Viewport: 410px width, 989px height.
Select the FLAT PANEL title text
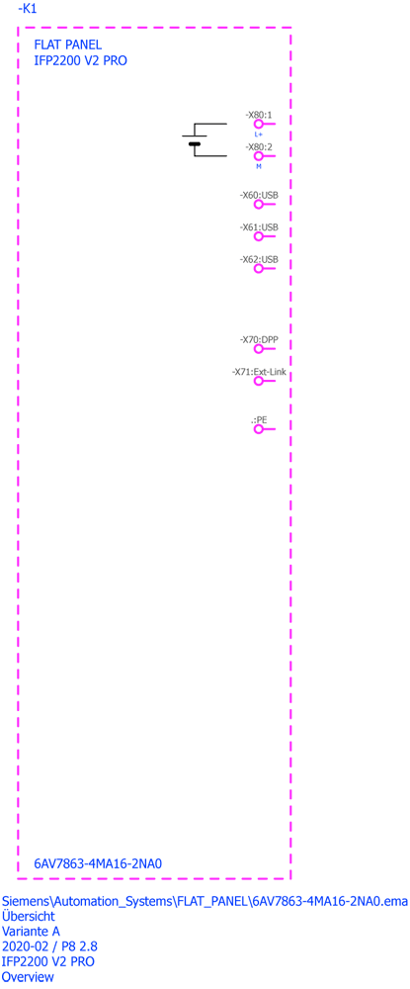(67, 45)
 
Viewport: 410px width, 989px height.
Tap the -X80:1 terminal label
(258, 115)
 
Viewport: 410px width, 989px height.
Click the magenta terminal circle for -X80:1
(258, 125)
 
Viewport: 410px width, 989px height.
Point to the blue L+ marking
(258, 135)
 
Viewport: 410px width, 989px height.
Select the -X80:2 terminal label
(258, 146)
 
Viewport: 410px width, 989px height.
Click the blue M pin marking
(258, 166)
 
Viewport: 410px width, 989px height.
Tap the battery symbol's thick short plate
(195, 144)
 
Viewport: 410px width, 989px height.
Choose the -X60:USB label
(259, 196)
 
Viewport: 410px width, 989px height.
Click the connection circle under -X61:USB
(258, 236)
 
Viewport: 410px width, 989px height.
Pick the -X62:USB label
(259, 259)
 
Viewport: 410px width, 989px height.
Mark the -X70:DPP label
(259, 339)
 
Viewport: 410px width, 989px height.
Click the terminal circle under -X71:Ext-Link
(258, 381)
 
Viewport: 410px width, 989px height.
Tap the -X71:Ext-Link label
(259, 372)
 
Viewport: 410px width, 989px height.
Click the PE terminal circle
(258, 429)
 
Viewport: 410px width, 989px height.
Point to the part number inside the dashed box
(98, 863)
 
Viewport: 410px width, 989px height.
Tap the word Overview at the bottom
(28, 977)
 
